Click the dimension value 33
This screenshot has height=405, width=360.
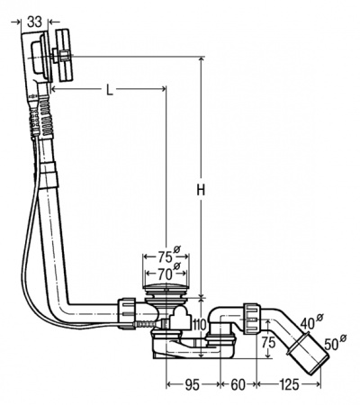point(34,22)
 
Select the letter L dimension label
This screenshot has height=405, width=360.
point(110,89)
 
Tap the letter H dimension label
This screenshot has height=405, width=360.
point(201,190)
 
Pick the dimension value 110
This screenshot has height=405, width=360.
point(199,324)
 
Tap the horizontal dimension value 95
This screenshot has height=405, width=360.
point(192,385)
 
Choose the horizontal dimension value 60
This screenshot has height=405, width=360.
point(238,385)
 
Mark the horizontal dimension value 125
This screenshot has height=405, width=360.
point(289,385)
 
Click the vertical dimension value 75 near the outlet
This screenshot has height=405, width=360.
point(268,342)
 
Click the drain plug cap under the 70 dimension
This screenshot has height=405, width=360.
point(166,289)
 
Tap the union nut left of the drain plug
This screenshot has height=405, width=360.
point(126,313)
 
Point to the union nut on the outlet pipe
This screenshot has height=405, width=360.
point(251,318)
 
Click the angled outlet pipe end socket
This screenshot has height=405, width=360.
point(309,354)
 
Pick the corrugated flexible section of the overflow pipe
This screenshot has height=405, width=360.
point(46,115)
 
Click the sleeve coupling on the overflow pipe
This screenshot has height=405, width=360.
point(49,175)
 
